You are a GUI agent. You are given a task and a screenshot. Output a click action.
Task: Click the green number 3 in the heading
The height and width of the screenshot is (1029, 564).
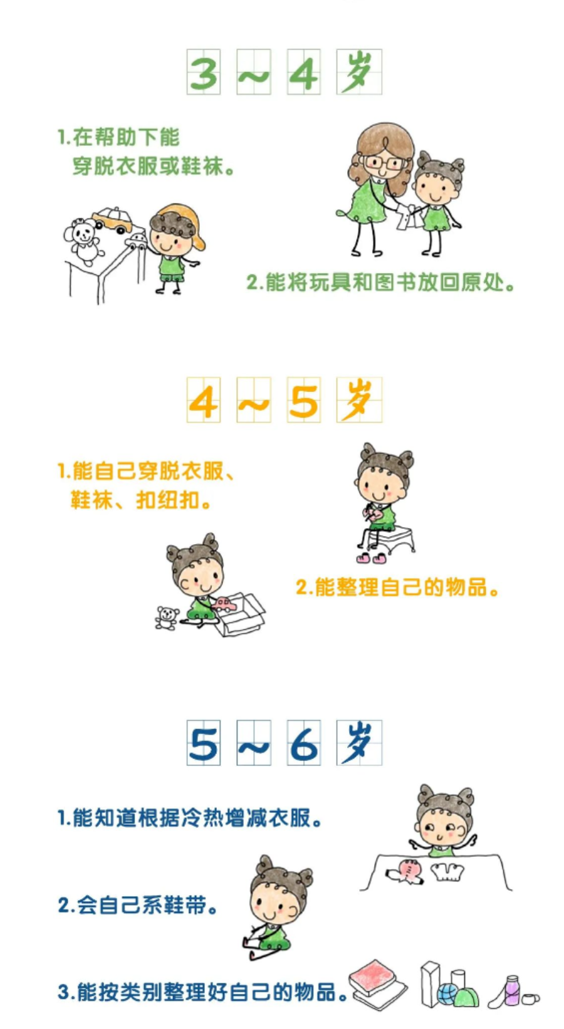(x=204, y=73)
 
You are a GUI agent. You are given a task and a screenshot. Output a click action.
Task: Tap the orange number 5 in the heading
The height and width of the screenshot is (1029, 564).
(x=304, y=401)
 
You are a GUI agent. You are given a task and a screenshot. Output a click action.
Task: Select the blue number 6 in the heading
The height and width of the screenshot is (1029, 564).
(x=304, y=743)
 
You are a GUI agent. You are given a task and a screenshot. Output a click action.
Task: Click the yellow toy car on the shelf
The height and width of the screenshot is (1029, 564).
(x=113, y=219)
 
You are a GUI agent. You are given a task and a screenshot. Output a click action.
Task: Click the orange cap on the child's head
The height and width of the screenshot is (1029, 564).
(x=188, y=219)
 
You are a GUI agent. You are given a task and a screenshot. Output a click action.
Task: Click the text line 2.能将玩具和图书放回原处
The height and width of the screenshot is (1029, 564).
(x=380, y=282)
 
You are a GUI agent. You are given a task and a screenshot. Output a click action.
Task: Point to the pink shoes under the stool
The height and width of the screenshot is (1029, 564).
(x=371, y=557)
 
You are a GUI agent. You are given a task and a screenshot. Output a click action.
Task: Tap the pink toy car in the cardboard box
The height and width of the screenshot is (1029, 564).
(x=224, y=604)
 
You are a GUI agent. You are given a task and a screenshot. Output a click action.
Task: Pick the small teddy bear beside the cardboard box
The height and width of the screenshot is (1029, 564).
(x=167, y=618)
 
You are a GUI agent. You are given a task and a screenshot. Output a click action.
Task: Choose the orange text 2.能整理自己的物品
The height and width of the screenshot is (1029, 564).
(x=397, y=587)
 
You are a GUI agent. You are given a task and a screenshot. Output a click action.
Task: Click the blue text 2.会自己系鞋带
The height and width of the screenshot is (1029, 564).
(x=137, y=904)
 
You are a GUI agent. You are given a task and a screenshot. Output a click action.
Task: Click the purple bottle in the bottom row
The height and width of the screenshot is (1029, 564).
(x=512, y=990)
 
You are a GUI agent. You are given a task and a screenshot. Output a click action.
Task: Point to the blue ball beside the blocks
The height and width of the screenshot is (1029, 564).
(x=447, y=994)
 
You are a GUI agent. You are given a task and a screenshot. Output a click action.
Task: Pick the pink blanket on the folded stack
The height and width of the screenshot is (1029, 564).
(x=374, y=977)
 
